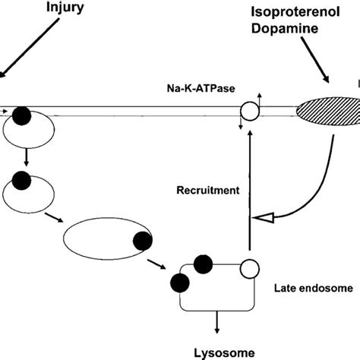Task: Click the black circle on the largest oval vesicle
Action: click(142, 242)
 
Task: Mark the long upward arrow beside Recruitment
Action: click(248, 190)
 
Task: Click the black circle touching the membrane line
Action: click(24, 115)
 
